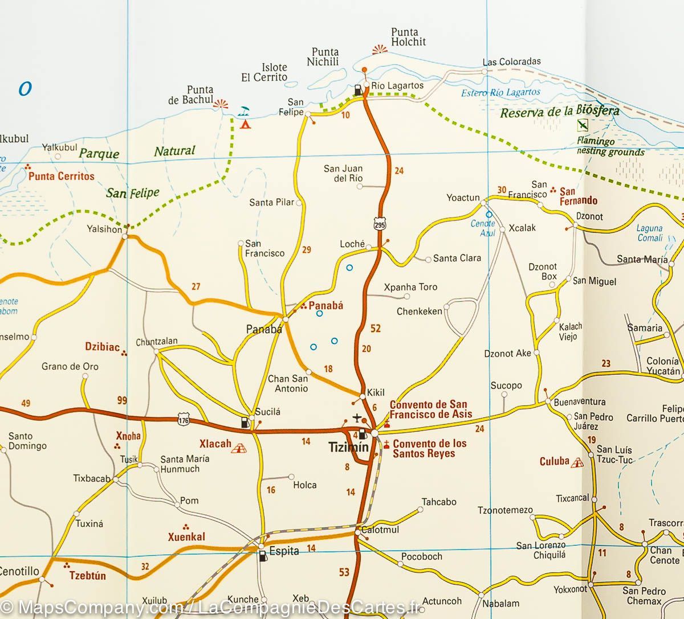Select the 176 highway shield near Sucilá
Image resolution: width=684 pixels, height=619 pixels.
click(x=183, y=419)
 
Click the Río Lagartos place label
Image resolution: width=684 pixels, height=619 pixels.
click(x=397, y=85)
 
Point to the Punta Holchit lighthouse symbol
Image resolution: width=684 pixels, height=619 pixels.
click(x=379, y=50)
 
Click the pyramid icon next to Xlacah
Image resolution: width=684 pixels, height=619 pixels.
click(x=238, y=448)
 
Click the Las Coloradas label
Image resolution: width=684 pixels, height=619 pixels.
click(x=511, y=62)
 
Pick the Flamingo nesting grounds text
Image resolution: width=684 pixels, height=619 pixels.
click(x=610, y=146)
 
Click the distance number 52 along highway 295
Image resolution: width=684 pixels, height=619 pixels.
click(x=375, y=329)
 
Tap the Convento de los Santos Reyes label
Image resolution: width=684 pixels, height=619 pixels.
click(x=429, y=448)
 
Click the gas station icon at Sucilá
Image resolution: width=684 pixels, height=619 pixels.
click(x=245, y=423)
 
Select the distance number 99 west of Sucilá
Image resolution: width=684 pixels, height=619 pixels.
click(x=122, y=400)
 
